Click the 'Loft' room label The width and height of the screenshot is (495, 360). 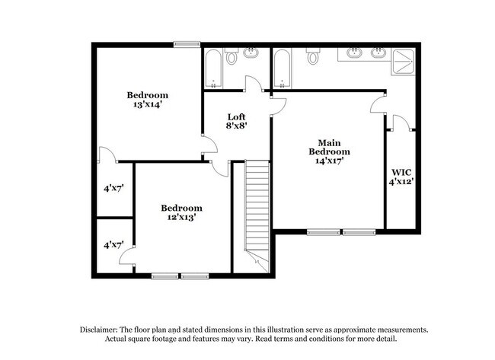click(236, 117)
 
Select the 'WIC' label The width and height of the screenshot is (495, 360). click(401, 171)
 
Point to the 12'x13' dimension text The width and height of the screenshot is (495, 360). click(181, 218)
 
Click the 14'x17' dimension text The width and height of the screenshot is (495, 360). click(329, 161)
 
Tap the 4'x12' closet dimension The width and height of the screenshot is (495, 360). click(401, 182)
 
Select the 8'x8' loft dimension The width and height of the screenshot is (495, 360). click(236, 128)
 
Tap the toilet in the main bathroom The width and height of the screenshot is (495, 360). click(312, 57)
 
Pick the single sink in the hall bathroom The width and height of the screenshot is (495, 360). click(252, 53)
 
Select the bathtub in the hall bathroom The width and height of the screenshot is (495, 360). click(212, 69)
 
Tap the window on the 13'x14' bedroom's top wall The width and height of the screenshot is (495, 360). click(185, 44)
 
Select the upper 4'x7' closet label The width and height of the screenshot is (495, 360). click(114, 187)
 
